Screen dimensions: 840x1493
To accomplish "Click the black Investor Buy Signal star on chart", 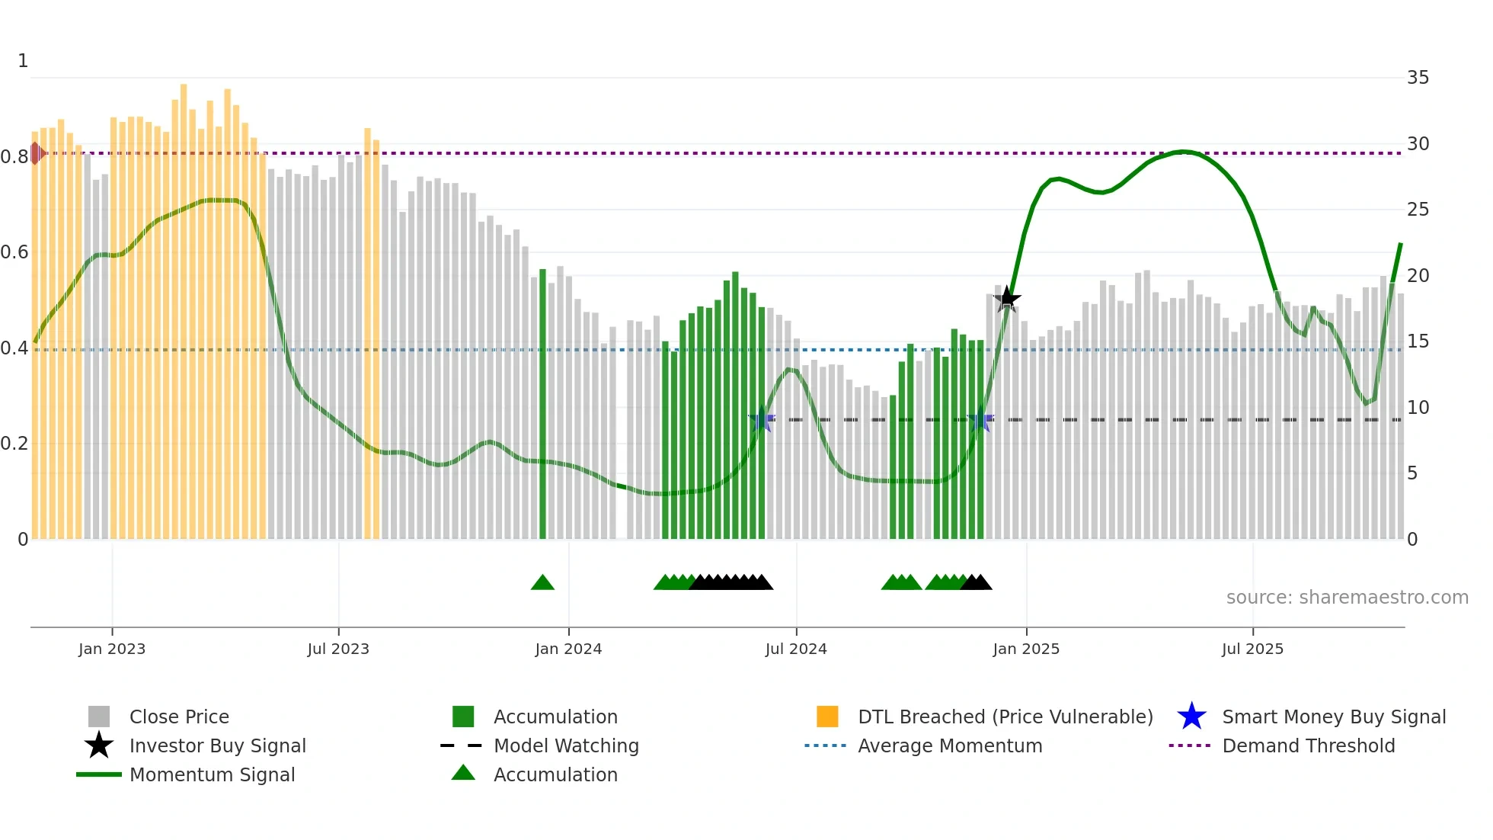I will click(x=1007, y=299).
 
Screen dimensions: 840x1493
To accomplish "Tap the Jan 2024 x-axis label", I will click(x=568, y=649).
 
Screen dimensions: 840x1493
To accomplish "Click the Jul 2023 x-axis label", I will click(x=338, y=649).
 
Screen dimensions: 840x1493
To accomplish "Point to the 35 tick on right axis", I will click(x=1418, y=78).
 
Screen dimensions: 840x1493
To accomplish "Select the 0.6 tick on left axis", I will click(x=15, y=252).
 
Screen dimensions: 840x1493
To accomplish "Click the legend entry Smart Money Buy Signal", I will click(x=1333, y=717).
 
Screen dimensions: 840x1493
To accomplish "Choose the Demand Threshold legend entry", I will click(x=1308, y=745).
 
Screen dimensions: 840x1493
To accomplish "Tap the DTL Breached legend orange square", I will click(x=827, y=717).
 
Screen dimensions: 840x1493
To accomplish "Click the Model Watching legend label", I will click(x=566, y=745).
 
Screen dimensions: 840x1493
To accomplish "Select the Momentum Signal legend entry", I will click(x=212, y=774).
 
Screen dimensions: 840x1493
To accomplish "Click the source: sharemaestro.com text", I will click(x=1347, y=598).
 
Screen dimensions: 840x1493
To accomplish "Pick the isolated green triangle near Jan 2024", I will click(x=542, y=583).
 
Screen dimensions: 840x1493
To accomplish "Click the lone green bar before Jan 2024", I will click(x=542, y=404).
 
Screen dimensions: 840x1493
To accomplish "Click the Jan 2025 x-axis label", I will click(x=1026, y=649).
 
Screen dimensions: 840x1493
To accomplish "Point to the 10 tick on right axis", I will click(x=1418, y=408).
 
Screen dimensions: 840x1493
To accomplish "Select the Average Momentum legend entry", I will click(x=949, y=745).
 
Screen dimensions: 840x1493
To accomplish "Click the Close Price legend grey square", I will click(x=99, y=717).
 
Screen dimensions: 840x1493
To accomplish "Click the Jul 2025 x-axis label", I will click(x=1252, y=649).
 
